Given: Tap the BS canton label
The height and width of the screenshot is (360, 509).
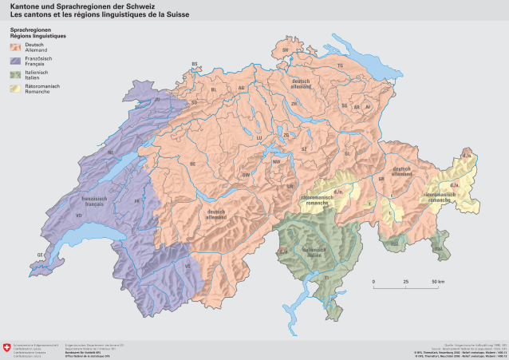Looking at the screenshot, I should tap(194, 64).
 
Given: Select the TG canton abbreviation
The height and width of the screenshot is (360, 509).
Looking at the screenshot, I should tap(339, 65).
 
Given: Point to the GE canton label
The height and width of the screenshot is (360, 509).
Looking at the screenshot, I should tap(39, 255).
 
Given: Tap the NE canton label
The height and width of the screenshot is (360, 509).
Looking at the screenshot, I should tap(110, 152).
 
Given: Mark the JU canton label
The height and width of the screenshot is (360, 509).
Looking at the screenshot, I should tap(156, 100).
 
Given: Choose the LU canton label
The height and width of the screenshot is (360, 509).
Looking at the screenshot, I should tap(258, 137).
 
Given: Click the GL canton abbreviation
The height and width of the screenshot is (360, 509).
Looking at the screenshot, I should tap(347, 152).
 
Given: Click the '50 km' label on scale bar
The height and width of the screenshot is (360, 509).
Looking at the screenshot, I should tap(438, 283).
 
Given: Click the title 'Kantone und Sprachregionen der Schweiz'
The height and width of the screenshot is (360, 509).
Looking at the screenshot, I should tap(82, 6).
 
